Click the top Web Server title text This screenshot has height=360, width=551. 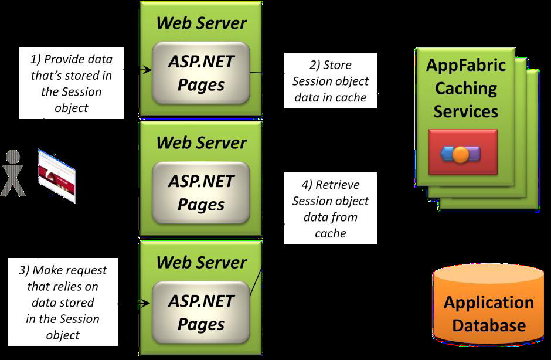[x=201, y=23]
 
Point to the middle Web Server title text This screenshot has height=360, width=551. [x=201, y=142]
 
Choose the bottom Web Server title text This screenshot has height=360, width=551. [x=201, y=262]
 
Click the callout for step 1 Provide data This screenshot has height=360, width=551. [x=72, y=83]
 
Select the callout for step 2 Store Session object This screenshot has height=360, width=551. [x=330, y=81]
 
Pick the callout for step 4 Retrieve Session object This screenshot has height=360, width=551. [x=330, y=209]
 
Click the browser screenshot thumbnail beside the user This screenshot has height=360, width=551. [x=57, y=176]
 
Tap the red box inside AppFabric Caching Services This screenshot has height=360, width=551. [x=463, y=152]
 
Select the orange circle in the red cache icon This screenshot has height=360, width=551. [x=461, y=155]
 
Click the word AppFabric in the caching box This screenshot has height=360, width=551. [x=465, y=64]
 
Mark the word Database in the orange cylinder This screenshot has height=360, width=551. [x=488, y=325]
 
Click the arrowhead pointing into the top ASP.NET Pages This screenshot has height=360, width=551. [x=148, y=70]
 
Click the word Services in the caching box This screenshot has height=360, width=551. [x=465, y=111]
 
